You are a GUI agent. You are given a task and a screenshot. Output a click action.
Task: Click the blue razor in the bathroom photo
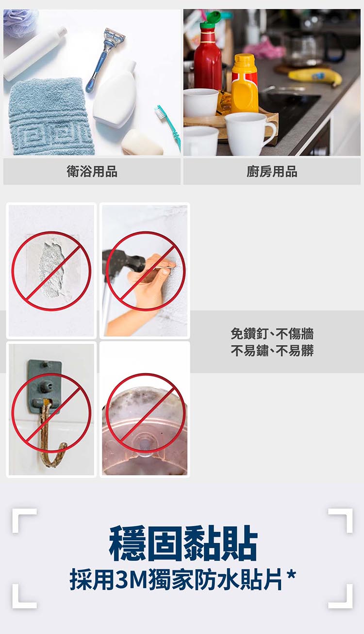coord(104,58)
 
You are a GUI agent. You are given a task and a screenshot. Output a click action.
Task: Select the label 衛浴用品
coord(92,171)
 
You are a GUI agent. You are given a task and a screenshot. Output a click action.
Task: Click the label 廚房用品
coord(272,171)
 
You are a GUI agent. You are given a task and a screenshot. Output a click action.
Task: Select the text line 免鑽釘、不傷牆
coord(272,334)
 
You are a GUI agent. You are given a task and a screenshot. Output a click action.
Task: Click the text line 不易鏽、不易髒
coord(272,350)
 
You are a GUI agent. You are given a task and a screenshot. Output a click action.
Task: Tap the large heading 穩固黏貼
coord(183,543)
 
